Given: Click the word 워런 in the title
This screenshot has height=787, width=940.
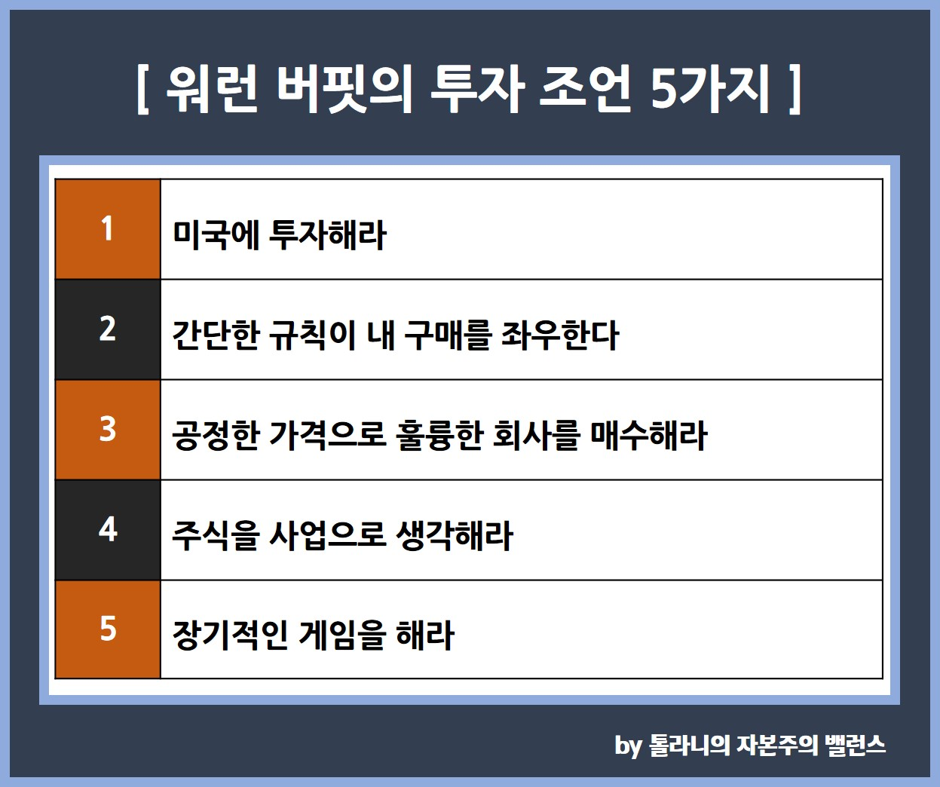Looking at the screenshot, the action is (212, 89).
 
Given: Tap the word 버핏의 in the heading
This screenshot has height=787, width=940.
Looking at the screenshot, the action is (344, 89).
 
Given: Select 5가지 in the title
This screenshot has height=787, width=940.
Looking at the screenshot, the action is (710, 89).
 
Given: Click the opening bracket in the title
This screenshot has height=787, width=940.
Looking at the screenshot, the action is (142, 89).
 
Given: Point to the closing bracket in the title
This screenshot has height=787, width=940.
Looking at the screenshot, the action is (795, 89).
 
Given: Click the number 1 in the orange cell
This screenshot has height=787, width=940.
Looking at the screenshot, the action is (107, 228).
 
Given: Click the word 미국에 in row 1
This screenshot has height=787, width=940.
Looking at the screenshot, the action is (216, 234).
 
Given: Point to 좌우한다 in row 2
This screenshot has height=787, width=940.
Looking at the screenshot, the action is (559, 335).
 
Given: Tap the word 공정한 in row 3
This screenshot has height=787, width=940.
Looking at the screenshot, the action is (216, 435).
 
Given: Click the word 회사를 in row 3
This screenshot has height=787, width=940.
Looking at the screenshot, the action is (535, 435).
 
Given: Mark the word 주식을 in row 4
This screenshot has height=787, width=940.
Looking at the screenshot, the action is (216, 535).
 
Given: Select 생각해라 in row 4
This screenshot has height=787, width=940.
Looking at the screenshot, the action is (455, 535).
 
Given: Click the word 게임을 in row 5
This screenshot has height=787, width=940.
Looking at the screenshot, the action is (341, 635).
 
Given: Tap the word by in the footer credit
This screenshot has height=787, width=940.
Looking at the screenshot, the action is (628, 746).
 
